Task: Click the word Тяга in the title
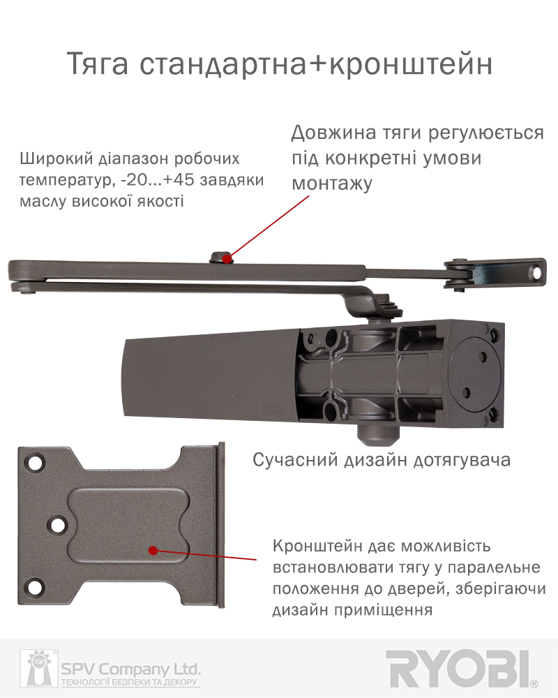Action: (98, 64)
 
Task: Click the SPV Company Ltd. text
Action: (130, 669)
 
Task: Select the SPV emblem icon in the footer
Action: (39, 669)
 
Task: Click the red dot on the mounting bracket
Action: (153, 551)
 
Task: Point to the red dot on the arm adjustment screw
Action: (227, 258)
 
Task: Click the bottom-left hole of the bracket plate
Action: (35, 586)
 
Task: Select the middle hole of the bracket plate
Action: (57, 524)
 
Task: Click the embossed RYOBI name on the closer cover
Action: (273, 409)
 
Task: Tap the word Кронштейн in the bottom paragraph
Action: (318, 547)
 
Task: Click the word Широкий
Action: (56, 159)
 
